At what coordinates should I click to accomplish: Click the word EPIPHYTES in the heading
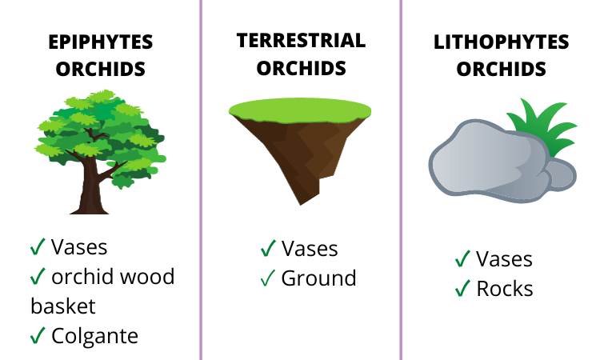(100, 42)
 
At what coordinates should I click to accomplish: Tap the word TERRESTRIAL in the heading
(301, 40)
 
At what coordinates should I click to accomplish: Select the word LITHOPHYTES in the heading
(502, 42)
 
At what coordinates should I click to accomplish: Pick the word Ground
(318, 278)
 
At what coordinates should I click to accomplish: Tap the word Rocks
(505, 288)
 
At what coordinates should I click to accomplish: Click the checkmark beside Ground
(268, 278)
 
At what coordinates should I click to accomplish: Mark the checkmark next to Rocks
(462, 288)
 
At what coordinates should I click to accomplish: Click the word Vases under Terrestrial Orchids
(310, 249)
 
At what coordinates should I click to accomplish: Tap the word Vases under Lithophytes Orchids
(504, 258)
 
